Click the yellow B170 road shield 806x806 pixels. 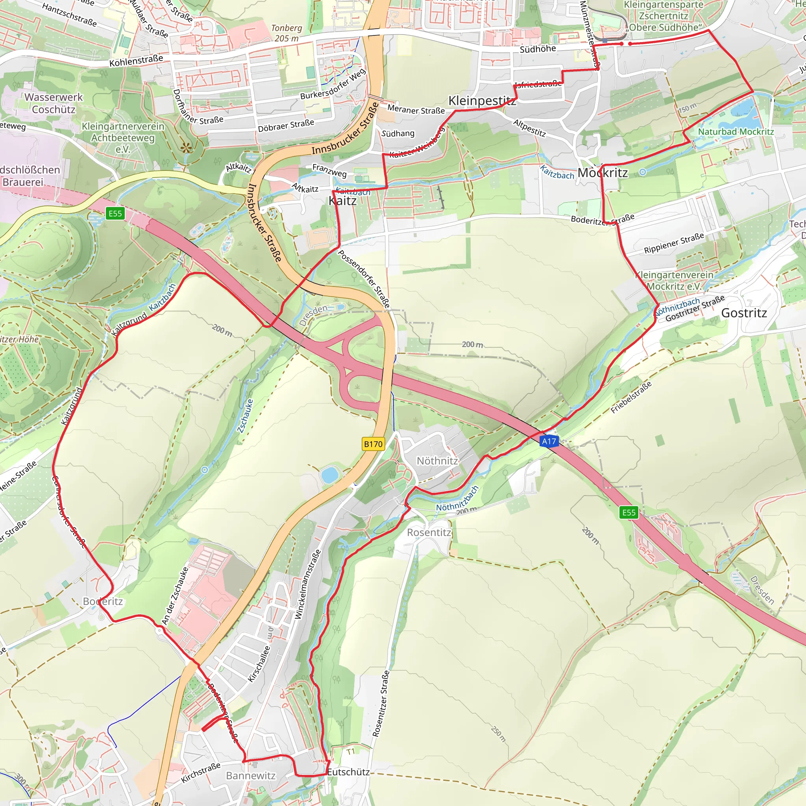coord(373,444)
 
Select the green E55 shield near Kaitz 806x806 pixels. coord(115,214)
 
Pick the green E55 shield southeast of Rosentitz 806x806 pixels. coord(629,512)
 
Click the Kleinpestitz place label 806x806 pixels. coord(482,100)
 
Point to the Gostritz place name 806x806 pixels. coord(744,313)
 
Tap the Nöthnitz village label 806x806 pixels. coord(437,460)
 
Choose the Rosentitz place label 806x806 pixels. coord(429,532)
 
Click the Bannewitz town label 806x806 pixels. coord(251,776)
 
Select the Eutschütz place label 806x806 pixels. coord(348,772)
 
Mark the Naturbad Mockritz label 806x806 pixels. coord(736,131)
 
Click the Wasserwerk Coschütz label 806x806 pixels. coord(54,103)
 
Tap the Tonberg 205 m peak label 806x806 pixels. coord(287,33)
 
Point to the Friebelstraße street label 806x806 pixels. coord(631,397)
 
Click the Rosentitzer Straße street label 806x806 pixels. coord(381,703)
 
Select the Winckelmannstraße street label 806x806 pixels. coord(308,584)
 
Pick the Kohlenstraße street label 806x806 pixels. coord(136,60)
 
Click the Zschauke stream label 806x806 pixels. coord(245,416)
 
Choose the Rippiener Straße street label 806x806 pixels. coord(674,243)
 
